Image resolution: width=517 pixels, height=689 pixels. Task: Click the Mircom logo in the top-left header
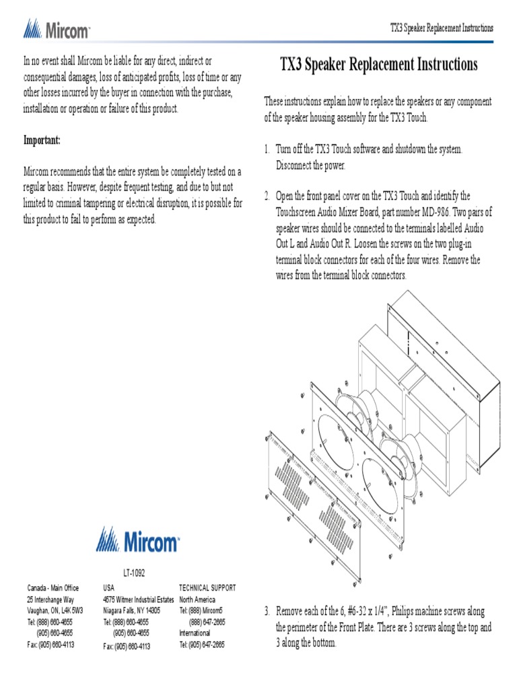(x=57, y=29)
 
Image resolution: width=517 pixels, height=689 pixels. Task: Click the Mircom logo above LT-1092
(x=137, y=540)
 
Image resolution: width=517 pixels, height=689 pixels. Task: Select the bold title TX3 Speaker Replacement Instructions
(x=378, y=65)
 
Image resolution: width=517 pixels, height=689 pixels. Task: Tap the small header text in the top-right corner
(x=442, y=28)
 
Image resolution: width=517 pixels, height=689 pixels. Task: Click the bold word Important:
(x=42, y=141)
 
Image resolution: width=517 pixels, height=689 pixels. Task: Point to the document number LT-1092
(x=134, y=573)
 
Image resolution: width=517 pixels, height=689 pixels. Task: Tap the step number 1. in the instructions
(x=267, y=149)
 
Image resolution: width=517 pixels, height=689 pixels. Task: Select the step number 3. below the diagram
(x=267, y=611)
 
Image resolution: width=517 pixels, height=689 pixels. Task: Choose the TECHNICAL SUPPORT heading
(x=207, y=588)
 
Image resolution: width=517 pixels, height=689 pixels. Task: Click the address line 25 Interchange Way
(x=51, y=600)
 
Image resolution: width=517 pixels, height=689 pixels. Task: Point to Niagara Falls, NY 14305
(x=131, y=611)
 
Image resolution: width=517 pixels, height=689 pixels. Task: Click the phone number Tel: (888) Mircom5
(x=202, y=611)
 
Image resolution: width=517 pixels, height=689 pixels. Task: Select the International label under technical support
(x=195, y=633)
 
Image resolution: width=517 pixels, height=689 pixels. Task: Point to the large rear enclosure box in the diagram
(x=451, y=377)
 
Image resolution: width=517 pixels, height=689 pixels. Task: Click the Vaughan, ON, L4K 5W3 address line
(x=55, y=611)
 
